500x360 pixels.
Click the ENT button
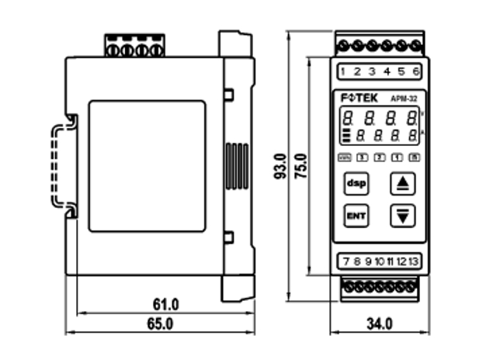tap(356, 215)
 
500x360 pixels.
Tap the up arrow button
tap(401, 184)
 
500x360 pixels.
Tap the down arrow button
tap(401, 215)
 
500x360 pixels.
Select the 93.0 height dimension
tap(281, 167)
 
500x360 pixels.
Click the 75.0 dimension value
tap(301, 167)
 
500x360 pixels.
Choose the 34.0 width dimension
tap(379, 323)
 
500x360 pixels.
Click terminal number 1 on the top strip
tap(342, 71)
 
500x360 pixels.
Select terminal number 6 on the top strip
tap(416, 71)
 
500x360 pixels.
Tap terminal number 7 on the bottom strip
tap(345, 261)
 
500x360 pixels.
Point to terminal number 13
tap(414, 261)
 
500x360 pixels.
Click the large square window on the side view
tap(147, 165)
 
